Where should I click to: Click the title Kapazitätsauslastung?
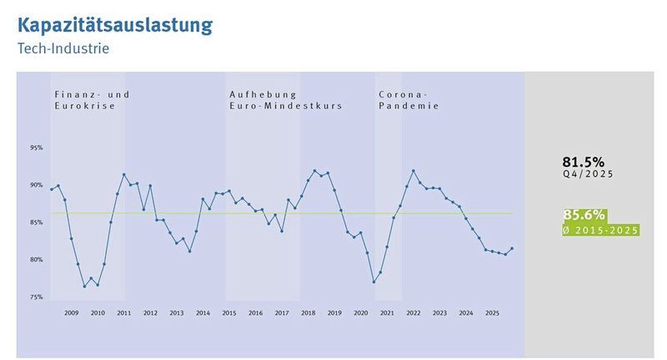pyautogui.click(x=114, y=24)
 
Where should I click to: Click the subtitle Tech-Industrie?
pyautogui.click(x=63, y=48)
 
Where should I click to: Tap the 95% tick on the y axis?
pyautogui.click(x=37, y=148)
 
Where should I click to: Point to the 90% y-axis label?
pyautogui.click(x=37, y=185)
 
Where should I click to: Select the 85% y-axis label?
pyautogui.click(x=37, y=222)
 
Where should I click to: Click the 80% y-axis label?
pyautogui.click(x=37, y=260)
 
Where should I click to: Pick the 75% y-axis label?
pyautogui.click(x=37, y=297)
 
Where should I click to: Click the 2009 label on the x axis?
pyautogui.click(x=72, y=312)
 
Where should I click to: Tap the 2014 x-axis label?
pyautogui.click(x=203, y=312)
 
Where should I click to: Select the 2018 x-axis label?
pyautogui.click(x=308, y=312)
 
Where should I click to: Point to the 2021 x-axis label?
pyautogui.click(x=387, y=312)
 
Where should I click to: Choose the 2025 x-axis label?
pyautogui.click(x=492, y=312)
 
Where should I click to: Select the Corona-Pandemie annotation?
pyautogui.click(x=409, y=101)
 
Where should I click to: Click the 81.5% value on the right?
pyautogui.click(x=584, y=162)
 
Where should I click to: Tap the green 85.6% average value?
pyautogui.click(x=584, y=215)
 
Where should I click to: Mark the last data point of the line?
pyautogui.click(x=512, y=248)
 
